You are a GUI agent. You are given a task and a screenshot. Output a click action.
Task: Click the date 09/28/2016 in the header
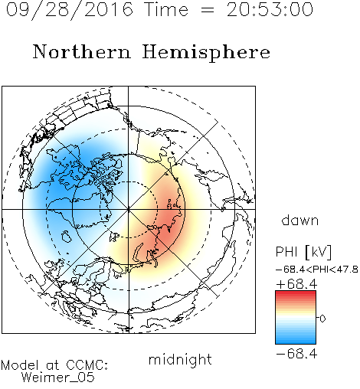coord(70,10)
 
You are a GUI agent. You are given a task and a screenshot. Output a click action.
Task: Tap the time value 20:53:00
coord(270,9)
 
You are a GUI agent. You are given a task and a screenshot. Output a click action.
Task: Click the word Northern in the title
coord(82,51)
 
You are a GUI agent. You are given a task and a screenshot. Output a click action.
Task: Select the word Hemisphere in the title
coord(206,53)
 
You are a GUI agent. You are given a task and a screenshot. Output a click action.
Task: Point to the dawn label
coord(300,220)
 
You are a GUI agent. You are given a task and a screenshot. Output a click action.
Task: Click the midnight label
coord(180,360)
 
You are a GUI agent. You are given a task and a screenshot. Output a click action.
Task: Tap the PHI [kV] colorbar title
coord(303,251)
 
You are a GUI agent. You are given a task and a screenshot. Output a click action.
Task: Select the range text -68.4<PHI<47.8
coord(317,270)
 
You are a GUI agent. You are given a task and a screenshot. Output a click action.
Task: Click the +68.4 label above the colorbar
coord(296,284)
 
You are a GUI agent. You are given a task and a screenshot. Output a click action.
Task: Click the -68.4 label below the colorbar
coord(296,354)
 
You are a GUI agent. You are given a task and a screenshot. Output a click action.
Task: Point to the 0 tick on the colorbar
coord(322,319)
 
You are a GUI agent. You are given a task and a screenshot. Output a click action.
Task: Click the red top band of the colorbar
coord(296,293)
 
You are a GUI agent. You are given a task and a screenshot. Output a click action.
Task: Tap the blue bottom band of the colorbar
coord(296,342)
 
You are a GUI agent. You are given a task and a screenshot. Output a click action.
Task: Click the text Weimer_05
coord(58,377)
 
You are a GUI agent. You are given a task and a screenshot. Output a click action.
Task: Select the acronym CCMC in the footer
coord(86,365)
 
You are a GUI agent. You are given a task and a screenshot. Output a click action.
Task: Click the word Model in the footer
coord(20,365)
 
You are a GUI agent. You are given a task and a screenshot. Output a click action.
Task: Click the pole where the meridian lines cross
coord(129,209)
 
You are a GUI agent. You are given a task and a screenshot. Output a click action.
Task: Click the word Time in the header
coord(166,9)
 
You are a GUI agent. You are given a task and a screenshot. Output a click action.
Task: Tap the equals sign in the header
coord(208,10)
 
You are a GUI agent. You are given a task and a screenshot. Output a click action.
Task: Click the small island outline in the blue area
coord(67,237)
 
